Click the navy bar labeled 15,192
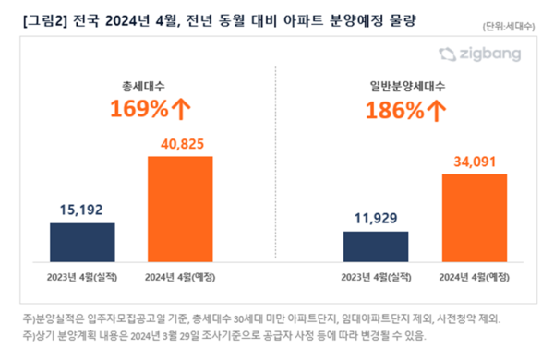pos(82,241)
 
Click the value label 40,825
pos(181,146)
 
